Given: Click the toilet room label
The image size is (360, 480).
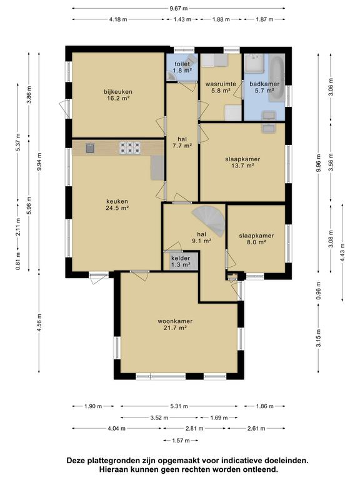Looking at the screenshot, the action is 182,67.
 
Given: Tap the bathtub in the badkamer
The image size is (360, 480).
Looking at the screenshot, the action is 277,77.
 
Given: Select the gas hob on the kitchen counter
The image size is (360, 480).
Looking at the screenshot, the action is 130,148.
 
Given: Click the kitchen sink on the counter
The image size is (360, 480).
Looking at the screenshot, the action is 90,148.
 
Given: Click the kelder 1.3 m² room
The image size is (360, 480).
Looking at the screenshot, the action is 181,261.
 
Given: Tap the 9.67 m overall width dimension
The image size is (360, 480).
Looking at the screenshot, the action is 179,8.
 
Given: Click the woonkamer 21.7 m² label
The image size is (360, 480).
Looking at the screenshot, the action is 175,324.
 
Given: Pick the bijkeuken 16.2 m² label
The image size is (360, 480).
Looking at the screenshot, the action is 118,95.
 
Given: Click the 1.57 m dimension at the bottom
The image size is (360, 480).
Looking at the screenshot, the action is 181,441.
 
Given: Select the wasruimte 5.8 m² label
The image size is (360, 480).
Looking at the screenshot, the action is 221,87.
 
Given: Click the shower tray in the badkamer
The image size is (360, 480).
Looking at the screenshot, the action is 254,63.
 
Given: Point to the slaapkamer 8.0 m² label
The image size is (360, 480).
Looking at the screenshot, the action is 256,239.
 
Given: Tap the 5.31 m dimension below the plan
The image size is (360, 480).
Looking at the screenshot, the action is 179,406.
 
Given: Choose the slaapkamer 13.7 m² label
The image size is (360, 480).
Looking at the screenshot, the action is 242,162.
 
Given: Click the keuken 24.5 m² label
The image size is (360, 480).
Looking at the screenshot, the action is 117,205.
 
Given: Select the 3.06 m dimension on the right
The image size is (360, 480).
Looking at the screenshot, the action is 331,87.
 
